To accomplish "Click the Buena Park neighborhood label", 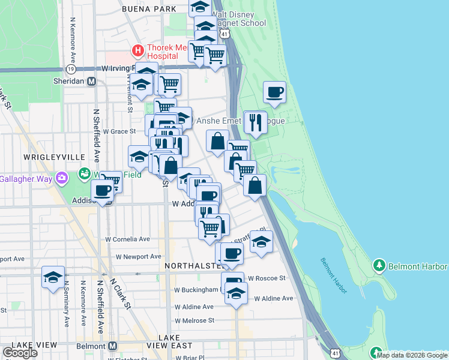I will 149,9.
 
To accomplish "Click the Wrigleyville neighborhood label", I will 54,157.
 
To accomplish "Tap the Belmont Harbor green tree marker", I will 379,265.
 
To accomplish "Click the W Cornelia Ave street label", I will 128,239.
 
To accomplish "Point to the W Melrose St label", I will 194,320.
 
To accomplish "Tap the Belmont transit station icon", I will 112,346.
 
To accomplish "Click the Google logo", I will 20,353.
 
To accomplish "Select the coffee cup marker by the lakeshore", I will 274,92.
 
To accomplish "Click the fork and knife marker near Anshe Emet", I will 256,122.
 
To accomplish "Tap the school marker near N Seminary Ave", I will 53,277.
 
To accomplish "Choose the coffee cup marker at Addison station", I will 102,191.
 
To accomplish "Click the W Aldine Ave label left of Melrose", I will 193,307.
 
